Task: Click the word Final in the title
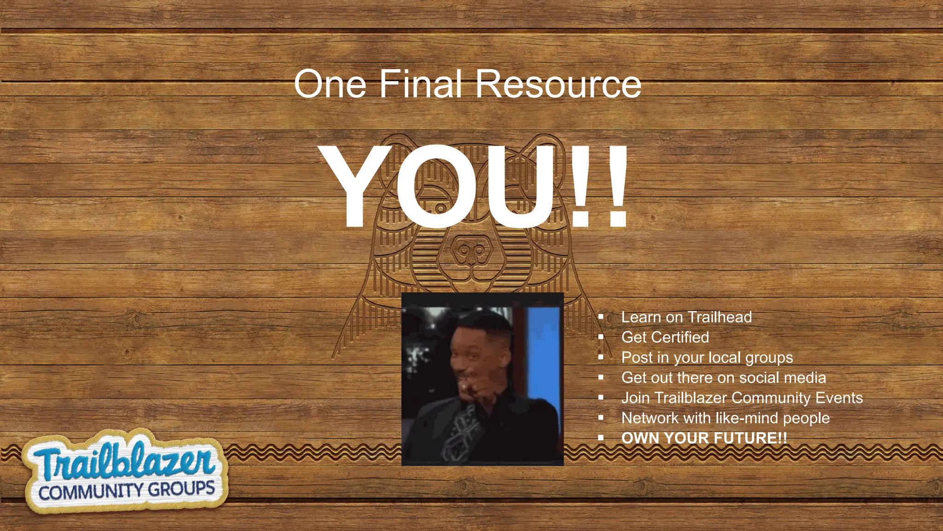tap(420, 84)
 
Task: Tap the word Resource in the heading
tap(558, 84)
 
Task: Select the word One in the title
tap(330, 84)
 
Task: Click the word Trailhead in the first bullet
tap(720, 317)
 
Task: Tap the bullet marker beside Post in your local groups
tap(601, 357)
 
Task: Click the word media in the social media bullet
tap(805, 378)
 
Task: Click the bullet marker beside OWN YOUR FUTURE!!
tap(601, 438)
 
